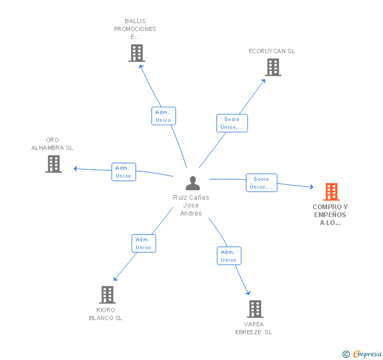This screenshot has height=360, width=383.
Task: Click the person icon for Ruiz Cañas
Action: [x=193, y=183]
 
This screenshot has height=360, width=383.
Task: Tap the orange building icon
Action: [x=331, y=192]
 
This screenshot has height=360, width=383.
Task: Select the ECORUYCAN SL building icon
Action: [x=273, y=67]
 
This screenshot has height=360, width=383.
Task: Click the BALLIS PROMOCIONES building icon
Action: [x=137, y=53]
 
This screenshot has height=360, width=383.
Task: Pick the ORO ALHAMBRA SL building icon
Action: [x=54, y=164]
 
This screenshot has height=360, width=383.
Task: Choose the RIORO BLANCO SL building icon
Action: [x=107, y=295]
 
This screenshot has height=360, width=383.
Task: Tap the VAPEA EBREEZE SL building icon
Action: [x=255, y=309]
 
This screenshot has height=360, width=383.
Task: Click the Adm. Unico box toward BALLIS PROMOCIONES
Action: [x=164, y=116]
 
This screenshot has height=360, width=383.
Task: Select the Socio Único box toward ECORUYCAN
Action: [x=231, y=123]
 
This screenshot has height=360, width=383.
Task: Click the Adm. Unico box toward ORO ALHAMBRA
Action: [x=124, y=172]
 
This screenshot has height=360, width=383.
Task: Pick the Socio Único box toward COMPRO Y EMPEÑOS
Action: [x=261, y=183]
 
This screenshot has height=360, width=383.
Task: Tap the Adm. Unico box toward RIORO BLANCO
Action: [x=144, y=243]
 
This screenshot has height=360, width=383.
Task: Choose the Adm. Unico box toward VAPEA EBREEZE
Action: [x=229, y=256]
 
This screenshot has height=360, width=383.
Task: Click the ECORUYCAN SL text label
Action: [x=272, y=51]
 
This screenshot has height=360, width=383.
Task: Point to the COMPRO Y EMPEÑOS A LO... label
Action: [x=330, y=214]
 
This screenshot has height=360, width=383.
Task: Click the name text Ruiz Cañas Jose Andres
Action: [x=191, y=205]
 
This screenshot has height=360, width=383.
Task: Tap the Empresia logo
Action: [x=367, y=354]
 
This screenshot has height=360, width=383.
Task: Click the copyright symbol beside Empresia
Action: [x=346, y=354]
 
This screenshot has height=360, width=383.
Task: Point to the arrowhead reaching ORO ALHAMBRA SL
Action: [x=76, y=169]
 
